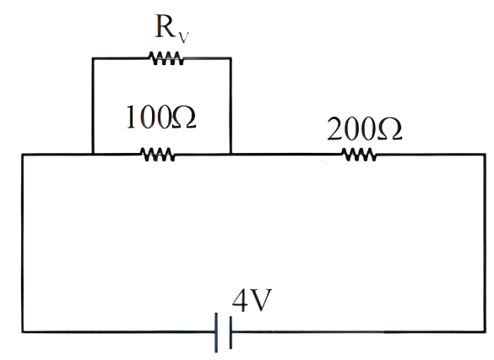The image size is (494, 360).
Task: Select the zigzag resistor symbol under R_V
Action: click(166, 58)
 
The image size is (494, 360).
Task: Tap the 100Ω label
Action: click(161, 117)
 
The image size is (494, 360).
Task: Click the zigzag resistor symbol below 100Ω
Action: click(157, 155)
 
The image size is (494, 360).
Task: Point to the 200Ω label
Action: click(365, 128)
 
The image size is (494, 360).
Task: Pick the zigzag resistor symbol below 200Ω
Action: click(359, 155)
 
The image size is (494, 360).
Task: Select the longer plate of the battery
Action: click(216, 333)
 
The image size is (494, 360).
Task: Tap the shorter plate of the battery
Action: click(231, 333)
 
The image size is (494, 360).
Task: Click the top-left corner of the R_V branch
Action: click(93, 58)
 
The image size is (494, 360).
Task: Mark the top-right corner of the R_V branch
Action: click(231, 58)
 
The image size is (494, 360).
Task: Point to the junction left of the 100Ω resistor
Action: click(93, 154)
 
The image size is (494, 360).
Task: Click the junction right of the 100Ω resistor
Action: click(231, 154)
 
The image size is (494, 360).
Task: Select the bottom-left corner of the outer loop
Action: click(23, 331)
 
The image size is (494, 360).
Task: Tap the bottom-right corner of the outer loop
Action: click(485, 331)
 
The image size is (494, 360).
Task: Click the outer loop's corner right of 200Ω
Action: click(485, 154)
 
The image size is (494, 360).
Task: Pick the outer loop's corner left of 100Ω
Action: click(23, 154)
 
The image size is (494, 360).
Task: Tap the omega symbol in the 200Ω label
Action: click(390, 128)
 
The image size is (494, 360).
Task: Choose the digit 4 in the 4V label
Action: click(240, 300)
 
